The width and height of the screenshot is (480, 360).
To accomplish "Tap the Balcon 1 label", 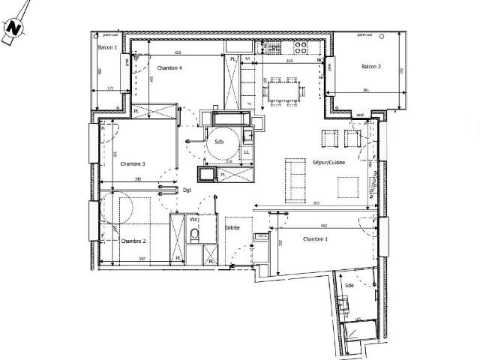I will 108,47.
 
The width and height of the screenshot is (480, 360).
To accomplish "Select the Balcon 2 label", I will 370,67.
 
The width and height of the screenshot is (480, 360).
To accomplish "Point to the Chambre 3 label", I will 132,163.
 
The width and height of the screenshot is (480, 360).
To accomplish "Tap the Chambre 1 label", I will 315,238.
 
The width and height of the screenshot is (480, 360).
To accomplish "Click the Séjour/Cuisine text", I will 328,162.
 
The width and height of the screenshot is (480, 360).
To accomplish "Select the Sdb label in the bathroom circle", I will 219,141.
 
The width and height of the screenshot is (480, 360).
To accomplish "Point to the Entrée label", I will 233,226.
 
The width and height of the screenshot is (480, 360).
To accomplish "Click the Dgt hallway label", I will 187,190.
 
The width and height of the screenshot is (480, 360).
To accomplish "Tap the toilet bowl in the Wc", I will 194,235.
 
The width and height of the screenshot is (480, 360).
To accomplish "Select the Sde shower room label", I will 349,286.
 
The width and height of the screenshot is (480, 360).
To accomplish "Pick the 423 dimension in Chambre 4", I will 178,52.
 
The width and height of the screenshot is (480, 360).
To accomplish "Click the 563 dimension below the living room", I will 316,203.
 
